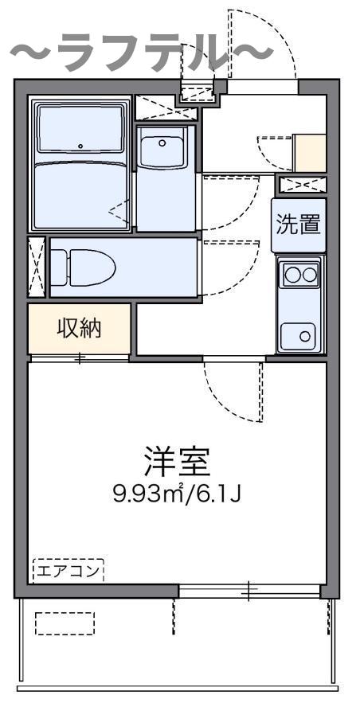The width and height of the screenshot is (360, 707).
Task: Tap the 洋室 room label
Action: point(177,461)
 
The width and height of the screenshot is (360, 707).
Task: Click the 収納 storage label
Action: point(79,328)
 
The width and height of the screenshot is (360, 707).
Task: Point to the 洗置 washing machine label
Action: point(299,225)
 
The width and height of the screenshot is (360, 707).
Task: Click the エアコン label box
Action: point(68,570)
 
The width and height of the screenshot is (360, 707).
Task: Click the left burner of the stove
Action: point(292,276)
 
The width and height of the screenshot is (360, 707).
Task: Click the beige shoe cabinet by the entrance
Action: point(310,153)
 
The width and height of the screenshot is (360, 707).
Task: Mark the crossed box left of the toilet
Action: point(37,268)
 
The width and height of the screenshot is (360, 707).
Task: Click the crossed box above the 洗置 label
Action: point(302,186)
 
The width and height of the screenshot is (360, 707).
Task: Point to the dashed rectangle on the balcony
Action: point(65,623)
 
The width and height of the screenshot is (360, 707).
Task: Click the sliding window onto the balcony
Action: point(248,591)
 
